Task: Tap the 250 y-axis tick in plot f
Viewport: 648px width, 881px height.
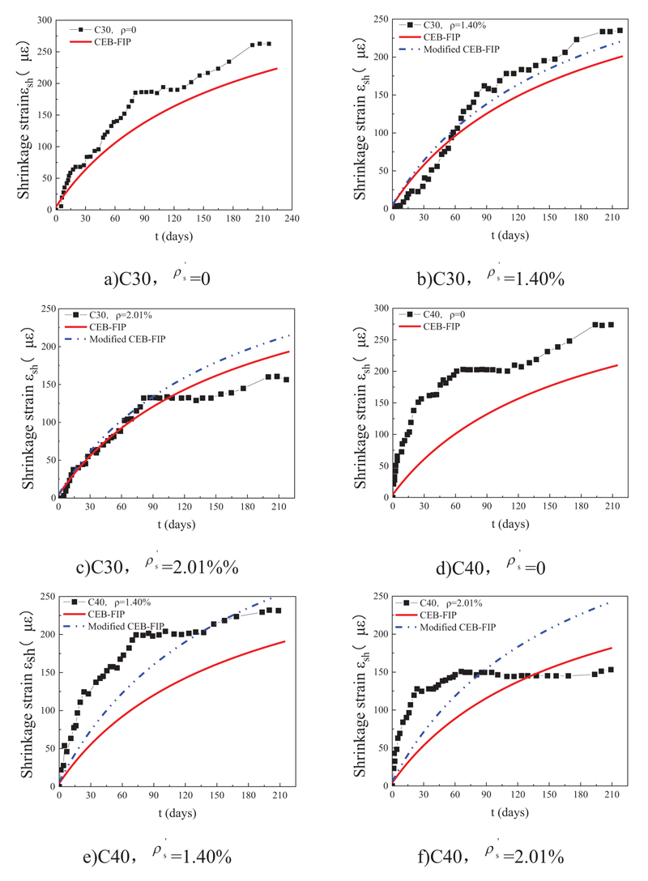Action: [x=377, y=596]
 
